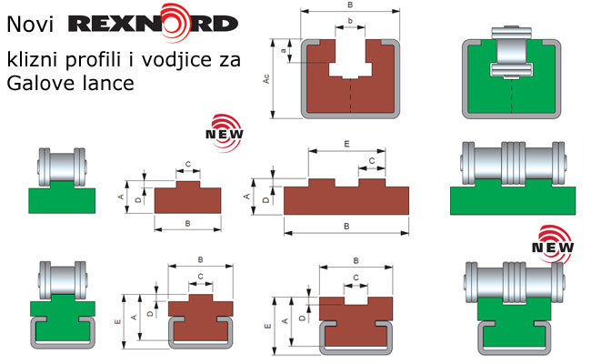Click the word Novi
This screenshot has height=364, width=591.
pyautogui.click(x=30, y=25)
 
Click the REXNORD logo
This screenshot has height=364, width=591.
pyautogui.click(x=153, y=23)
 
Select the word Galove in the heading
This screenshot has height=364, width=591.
pyautogui.click(x=40, y=83)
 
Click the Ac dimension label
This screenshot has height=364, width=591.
pyautogui.click(x=266, y=79)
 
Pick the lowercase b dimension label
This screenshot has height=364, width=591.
pyautogui.click(x=350, y=20)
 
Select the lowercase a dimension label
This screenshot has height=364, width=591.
pyautogui.click(x=284, y=51)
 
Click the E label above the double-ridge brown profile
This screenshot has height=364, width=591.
pyautogui.click(x=346, y=144)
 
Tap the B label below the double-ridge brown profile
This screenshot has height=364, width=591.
pyautogui.click(x=346, y=227)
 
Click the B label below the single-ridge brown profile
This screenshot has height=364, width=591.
pyautogui.click(x=187, y=224)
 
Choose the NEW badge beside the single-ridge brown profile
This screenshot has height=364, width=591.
pyautogui.click(x=225, y=133)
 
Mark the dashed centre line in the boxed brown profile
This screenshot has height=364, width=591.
pyautogui.click(x=351, y=96)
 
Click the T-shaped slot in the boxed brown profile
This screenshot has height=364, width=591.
pyautogui.click(x=350, y=59)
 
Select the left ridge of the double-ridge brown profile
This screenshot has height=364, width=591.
pyautogui.click(x=322, y=183)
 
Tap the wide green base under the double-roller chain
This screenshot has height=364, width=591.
pyautogui.click(x=513, y=200)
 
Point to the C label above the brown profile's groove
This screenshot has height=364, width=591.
pyautogui.click(x=356, y=278)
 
